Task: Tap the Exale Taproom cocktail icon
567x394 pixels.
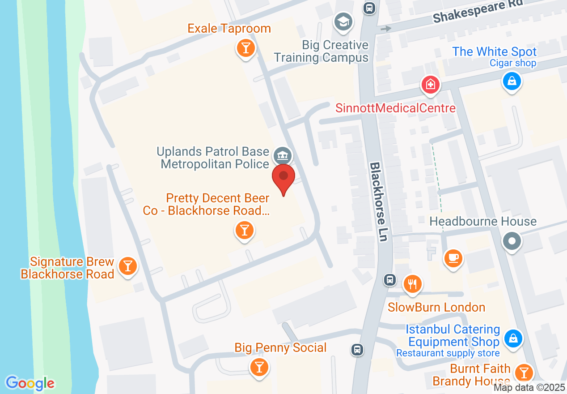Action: point(245,47)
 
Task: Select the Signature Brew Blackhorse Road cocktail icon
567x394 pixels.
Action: point(128,267)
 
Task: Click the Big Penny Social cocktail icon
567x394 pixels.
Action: point(258,367)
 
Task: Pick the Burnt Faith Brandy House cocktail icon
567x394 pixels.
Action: point(523,373)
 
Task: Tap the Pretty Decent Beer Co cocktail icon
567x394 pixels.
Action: point(244,231)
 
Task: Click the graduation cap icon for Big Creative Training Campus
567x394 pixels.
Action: point(343,21)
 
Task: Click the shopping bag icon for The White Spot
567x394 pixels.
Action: point(512,81)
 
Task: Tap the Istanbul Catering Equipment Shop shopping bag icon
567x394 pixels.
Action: point(514,338)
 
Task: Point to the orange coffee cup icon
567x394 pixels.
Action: point(453,258)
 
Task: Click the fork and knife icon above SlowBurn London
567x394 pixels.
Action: point(412,284)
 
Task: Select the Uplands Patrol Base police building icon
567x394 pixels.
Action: point(283,156)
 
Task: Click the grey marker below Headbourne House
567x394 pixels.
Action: point(512,242)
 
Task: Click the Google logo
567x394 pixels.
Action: point(30,383)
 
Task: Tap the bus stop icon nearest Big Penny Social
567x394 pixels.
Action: point(357,349)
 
